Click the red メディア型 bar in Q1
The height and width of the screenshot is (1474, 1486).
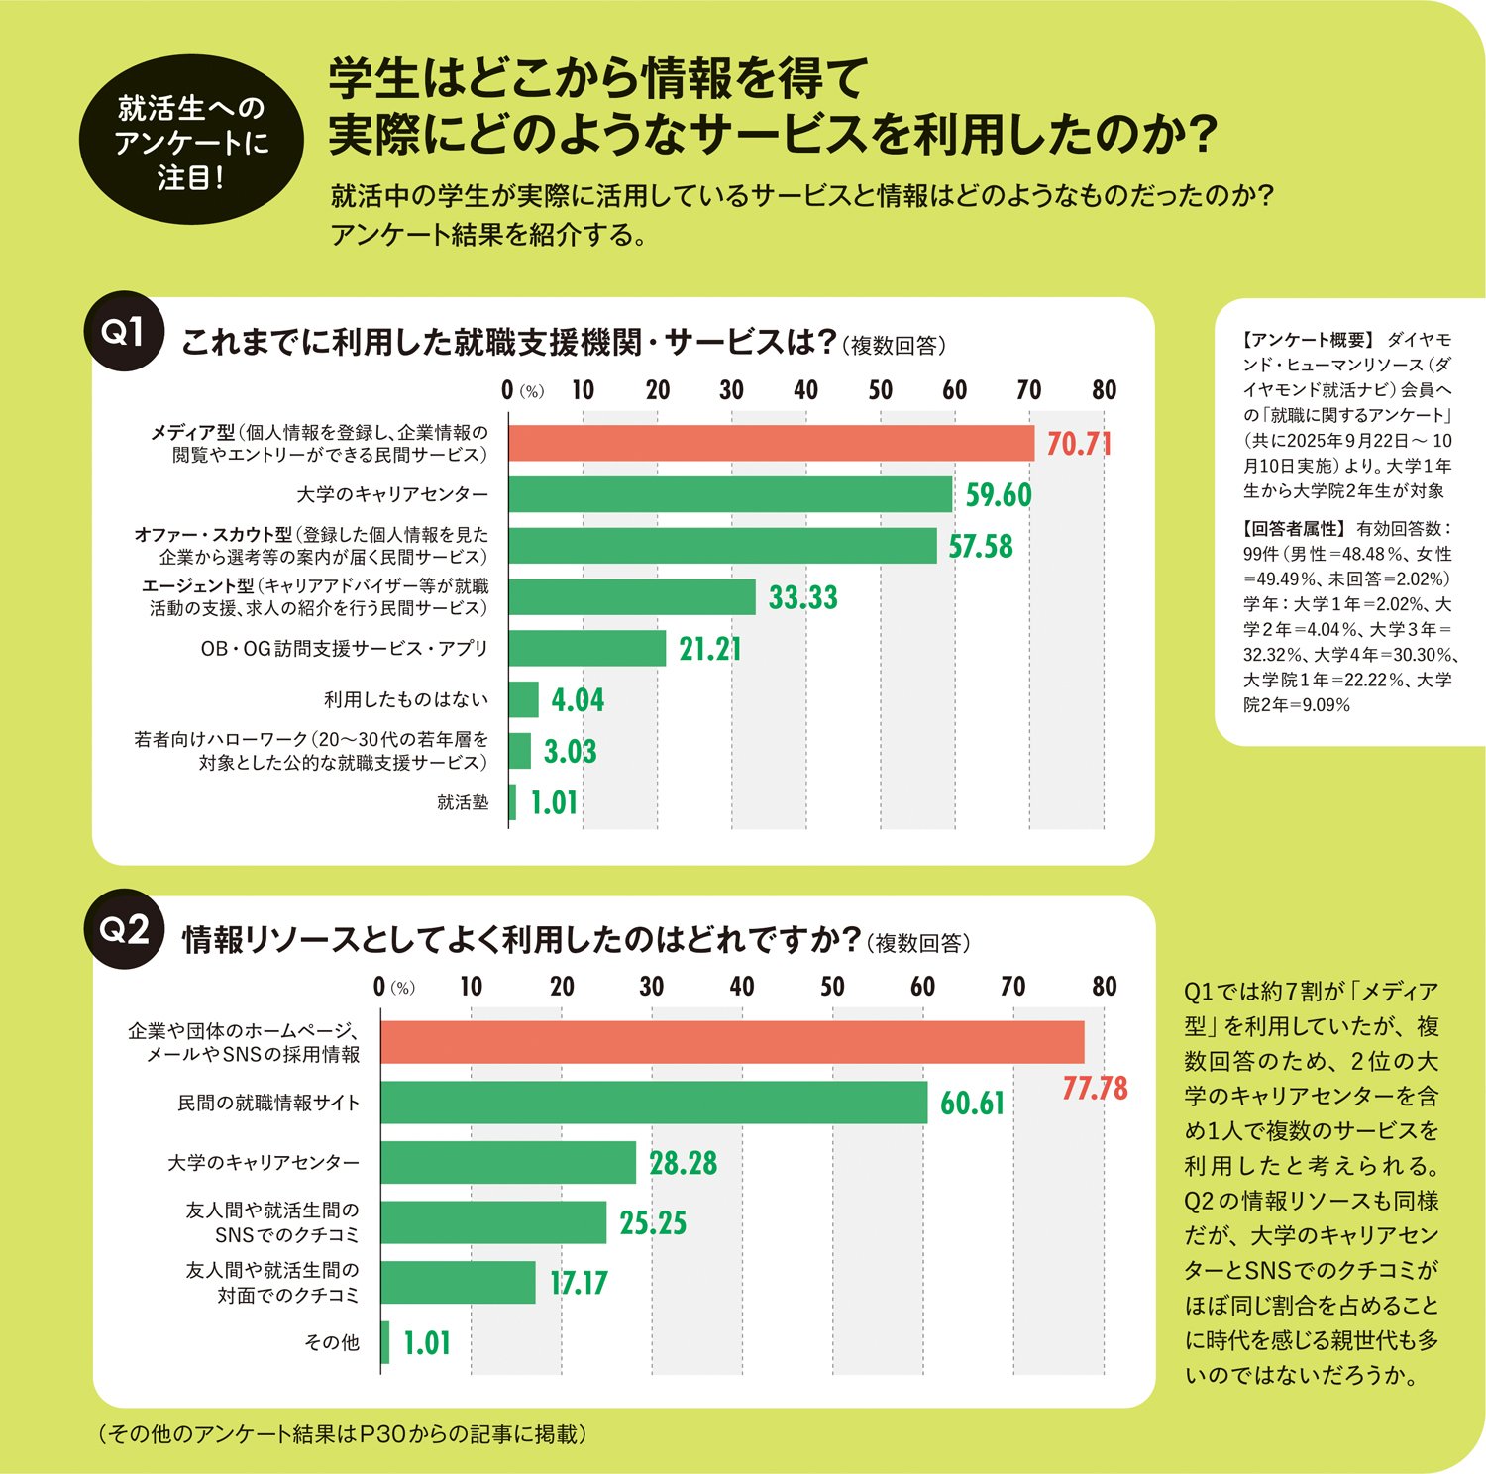tap(771, 443)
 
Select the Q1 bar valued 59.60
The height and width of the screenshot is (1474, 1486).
tap(730, 494)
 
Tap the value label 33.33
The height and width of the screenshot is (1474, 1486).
tap(802, 597)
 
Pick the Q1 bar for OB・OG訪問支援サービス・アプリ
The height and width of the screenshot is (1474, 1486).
tap(587, 649)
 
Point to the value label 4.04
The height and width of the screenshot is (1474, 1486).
tap(578, 700)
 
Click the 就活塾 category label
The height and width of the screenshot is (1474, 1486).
tap(463, 802)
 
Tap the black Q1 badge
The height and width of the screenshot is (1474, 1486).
tap(124, 332)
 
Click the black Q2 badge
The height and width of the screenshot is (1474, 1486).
tap(124, 929)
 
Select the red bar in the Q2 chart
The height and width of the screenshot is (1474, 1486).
tap(732, 1042)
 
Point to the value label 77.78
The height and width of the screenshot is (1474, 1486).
tap(1094, 1089)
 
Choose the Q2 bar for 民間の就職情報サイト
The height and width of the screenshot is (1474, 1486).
tap(654, 1103)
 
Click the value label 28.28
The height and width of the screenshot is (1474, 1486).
tap(683, 1163)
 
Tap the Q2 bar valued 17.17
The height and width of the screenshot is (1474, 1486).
tap(459, 1283)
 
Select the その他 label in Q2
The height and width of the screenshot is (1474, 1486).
tap(332, 1342)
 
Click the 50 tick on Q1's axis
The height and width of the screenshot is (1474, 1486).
tap(880, 390)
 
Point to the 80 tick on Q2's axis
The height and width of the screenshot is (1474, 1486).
tap(1104, 987)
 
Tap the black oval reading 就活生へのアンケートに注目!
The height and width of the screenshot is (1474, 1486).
tap(191, 142)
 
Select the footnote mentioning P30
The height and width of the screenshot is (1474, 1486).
tap(342, 1434)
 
